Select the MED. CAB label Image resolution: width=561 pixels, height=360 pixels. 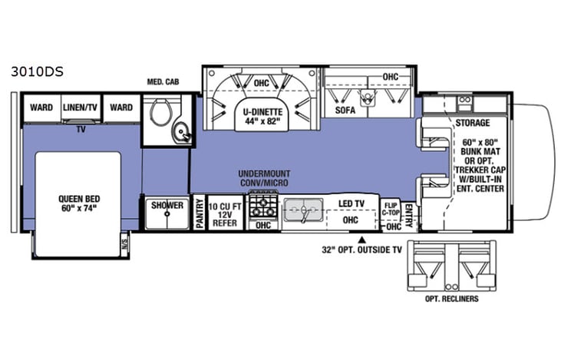pyautogui.click(x=163, y=82)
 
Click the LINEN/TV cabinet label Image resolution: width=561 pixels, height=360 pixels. pyautogui.click(x=81, y=107)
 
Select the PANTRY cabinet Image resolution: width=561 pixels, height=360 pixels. pyautogui.click(x=199, y=213)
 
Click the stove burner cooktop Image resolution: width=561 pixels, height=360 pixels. pyautogui.click(x=262, y=206)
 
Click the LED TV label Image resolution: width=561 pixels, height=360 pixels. pyautogui.click(x=351, y=203)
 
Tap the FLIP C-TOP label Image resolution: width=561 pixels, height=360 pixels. pyautogui.click(x=391, y=210)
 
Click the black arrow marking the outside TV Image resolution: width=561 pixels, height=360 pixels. pyautogui.click(x=362, y=239)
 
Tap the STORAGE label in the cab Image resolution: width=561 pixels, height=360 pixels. pyautogui.click(x=472, y=123)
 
